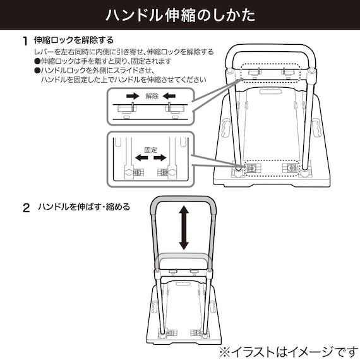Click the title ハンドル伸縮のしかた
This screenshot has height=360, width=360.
coord(179,15)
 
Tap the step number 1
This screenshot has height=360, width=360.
coord(25,42)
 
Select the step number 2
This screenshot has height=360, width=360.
coord(26,208)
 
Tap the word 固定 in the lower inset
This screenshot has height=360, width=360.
coord(150,150)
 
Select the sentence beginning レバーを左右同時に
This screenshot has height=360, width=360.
coord(123,52)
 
